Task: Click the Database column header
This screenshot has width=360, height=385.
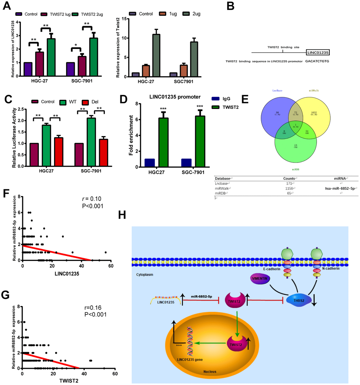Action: [x=224, y=179]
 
